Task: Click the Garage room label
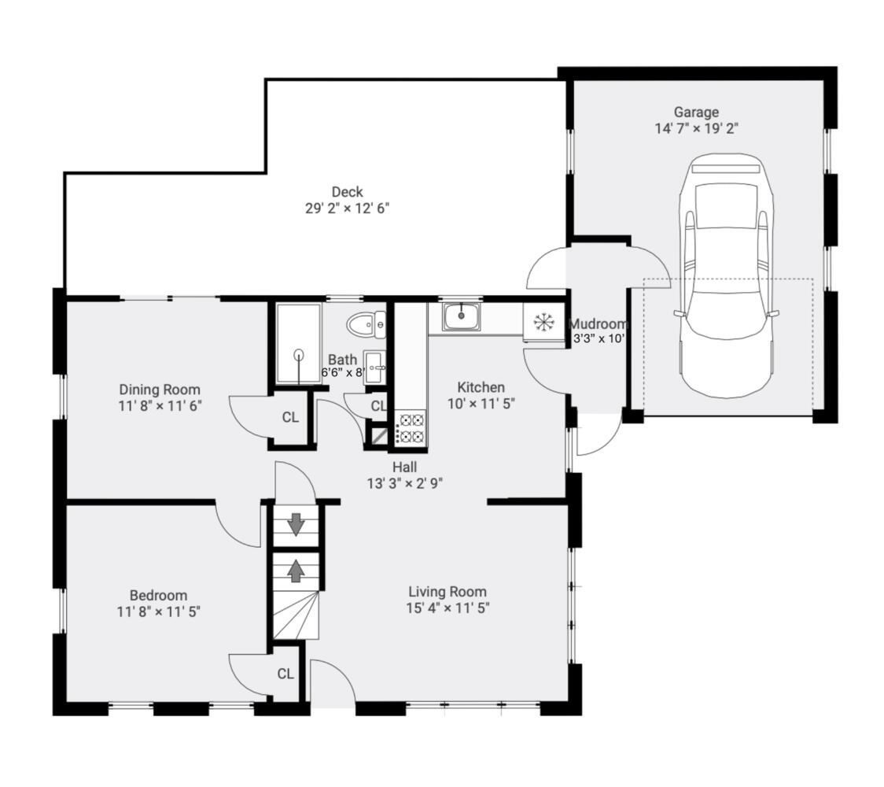[x=696, y=112]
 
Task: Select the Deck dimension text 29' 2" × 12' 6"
[x=348, y=209]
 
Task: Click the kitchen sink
[x=461, y=316]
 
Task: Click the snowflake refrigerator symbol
[x=543, y=322]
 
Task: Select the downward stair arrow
[x=296, y=525]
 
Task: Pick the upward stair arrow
[x=296, y=571]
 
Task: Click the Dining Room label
[x=160, y=390]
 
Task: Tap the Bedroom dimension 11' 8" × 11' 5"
[x=159, y=611]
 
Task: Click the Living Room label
[x=448, y=591]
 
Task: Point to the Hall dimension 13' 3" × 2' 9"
[x=405, y=483]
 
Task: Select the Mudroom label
[x=598, y=323]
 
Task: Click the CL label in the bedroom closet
[x=285, y=674]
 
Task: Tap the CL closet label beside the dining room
[x=290, y=417]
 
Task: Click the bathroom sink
[x=375, y=368]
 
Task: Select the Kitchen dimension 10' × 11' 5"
[x=481, y=404]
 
